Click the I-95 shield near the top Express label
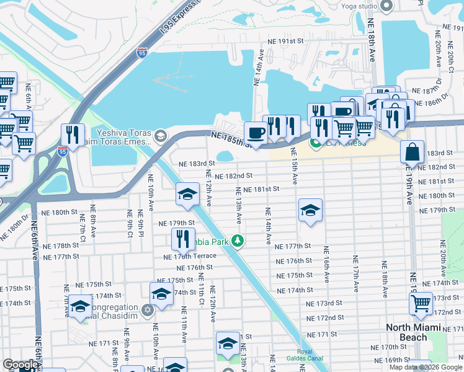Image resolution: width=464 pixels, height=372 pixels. point(142,53)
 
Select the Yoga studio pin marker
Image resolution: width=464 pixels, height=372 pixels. point(386,6)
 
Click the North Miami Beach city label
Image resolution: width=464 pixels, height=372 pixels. point(414,332)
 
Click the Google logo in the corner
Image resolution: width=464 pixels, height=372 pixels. point(20,365)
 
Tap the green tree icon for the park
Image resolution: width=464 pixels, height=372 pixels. point(237,241)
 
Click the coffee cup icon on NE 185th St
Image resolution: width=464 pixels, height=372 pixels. point(255,133)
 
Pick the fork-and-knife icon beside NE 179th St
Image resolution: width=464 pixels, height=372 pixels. point(182,238)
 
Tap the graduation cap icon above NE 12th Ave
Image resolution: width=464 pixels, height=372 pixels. point(187,194)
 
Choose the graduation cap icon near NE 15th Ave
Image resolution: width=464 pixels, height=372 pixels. point(310,210)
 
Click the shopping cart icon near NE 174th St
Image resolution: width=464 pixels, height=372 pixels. point(421,304)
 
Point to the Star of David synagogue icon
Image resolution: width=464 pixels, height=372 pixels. point(147,309)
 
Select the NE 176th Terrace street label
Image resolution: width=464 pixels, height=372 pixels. point(190,256)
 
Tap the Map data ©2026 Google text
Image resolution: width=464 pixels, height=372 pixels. point(425,366)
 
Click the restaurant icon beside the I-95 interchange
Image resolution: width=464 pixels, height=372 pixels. point(73,135)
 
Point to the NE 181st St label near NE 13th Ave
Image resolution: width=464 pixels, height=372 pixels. point(262,188)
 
